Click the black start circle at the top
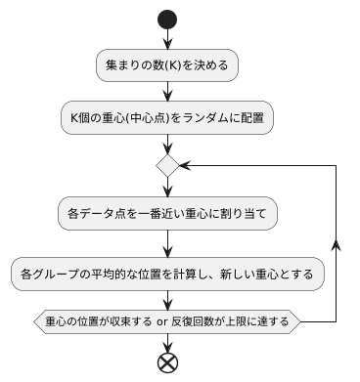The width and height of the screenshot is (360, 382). point(167,20)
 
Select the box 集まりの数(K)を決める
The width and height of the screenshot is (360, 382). point(167,65)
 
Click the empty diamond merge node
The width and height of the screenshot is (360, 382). point(167,165)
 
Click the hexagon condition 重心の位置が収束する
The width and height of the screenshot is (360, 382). point(167,320)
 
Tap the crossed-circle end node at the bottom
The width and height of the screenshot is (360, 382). point(167,362)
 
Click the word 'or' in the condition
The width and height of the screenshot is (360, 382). point(163,320)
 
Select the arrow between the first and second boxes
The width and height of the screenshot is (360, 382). point(167,91)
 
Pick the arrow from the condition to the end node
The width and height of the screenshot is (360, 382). point(167,340)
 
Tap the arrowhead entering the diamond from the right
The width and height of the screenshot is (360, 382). point(187,165)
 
